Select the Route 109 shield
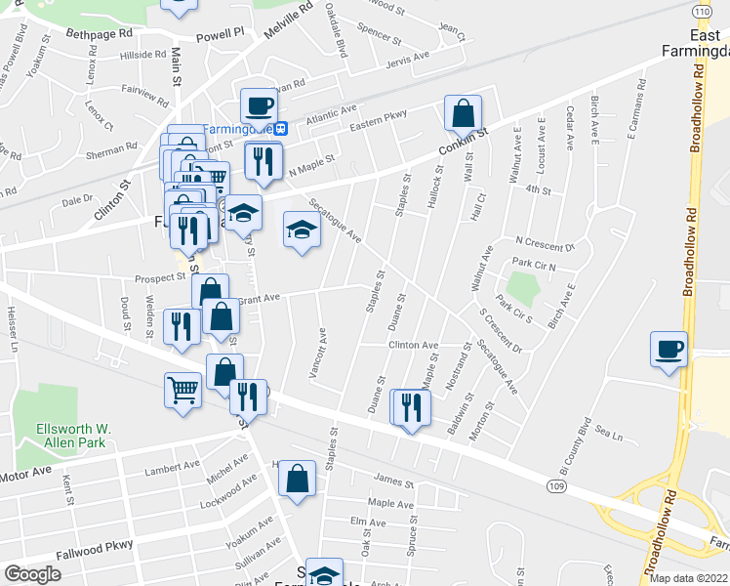pos(555,484)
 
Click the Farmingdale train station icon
pos(281,127)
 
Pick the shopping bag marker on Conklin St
pos(463,114)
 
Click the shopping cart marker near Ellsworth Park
pos(182,392)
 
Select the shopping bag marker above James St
pos(297,480)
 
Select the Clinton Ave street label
pos(413,346)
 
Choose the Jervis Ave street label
pos(407,58)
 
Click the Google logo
pos(32,574)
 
